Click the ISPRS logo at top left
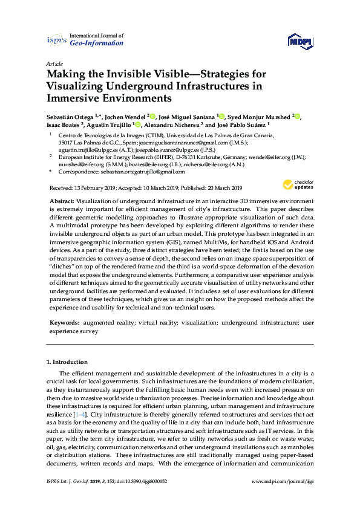point(56,40)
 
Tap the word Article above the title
point(54,63)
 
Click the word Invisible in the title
point(126,74)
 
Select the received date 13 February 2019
point(96,188)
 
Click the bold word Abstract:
point(62,200)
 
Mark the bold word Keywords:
point(64,323)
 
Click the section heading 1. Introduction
point(67,361)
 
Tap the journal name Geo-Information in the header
point(97,44)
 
